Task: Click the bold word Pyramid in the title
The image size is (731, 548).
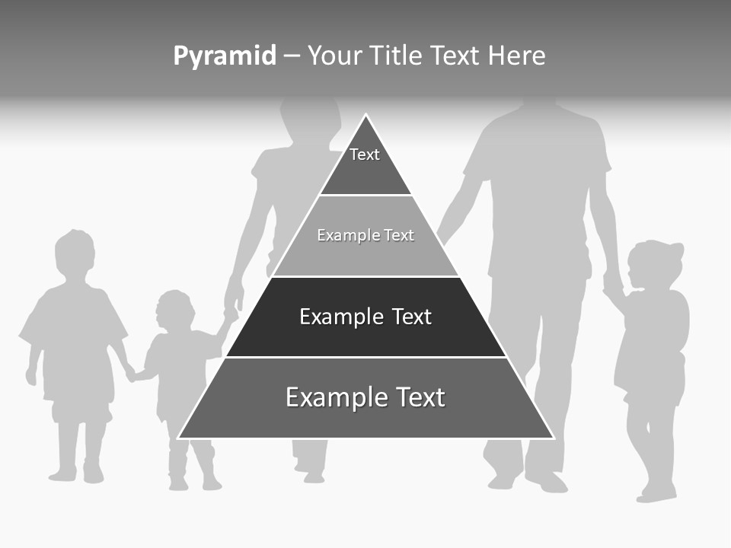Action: pos(225,56)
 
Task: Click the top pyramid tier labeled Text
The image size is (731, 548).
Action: pos(365,164)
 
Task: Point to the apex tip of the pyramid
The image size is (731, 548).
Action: pos(365,116)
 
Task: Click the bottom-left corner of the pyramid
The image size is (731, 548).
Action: pos(180,437)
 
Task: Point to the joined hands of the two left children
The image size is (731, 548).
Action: pos(131,374)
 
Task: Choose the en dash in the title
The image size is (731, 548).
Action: pos(292,56)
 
